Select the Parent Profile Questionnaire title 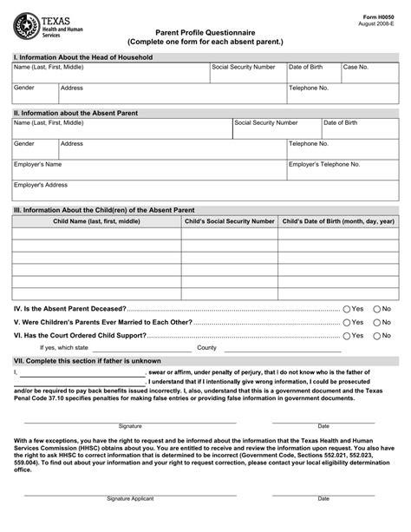coord(205,30)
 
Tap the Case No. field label coord(356,67)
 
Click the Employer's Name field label coord(37,164)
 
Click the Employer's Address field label coord(40,185)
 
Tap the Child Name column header coord(95,221)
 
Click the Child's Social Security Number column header coord(230,221)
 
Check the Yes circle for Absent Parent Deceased coord(347,309)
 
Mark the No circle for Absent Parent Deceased coord(376,309)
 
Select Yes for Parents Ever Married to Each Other coord(347,322)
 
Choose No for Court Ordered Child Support coord(376,335)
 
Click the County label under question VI coord(206,347)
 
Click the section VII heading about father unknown coord(87,360)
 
